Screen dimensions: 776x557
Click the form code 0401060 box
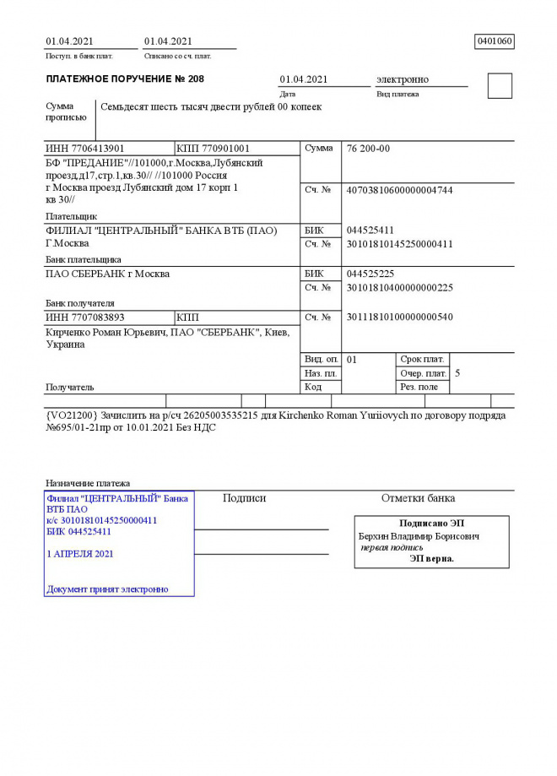(495, 41)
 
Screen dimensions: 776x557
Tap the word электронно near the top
(402, 79)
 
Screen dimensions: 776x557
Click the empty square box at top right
(500, 86)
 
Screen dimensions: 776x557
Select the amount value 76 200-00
(368, 149)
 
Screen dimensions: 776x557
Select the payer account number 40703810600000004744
(399, 191)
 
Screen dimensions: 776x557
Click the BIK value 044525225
(370, 274)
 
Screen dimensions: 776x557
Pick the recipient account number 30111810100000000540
(399, 317)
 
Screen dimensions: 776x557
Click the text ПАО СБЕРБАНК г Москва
(107, 274)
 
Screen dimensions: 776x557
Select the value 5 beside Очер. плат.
(457, 372)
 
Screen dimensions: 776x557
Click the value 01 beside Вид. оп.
(352, 359)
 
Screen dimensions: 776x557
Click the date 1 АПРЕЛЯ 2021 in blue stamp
(80, 554)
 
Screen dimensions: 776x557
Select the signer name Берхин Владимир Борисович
(419, 536)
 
